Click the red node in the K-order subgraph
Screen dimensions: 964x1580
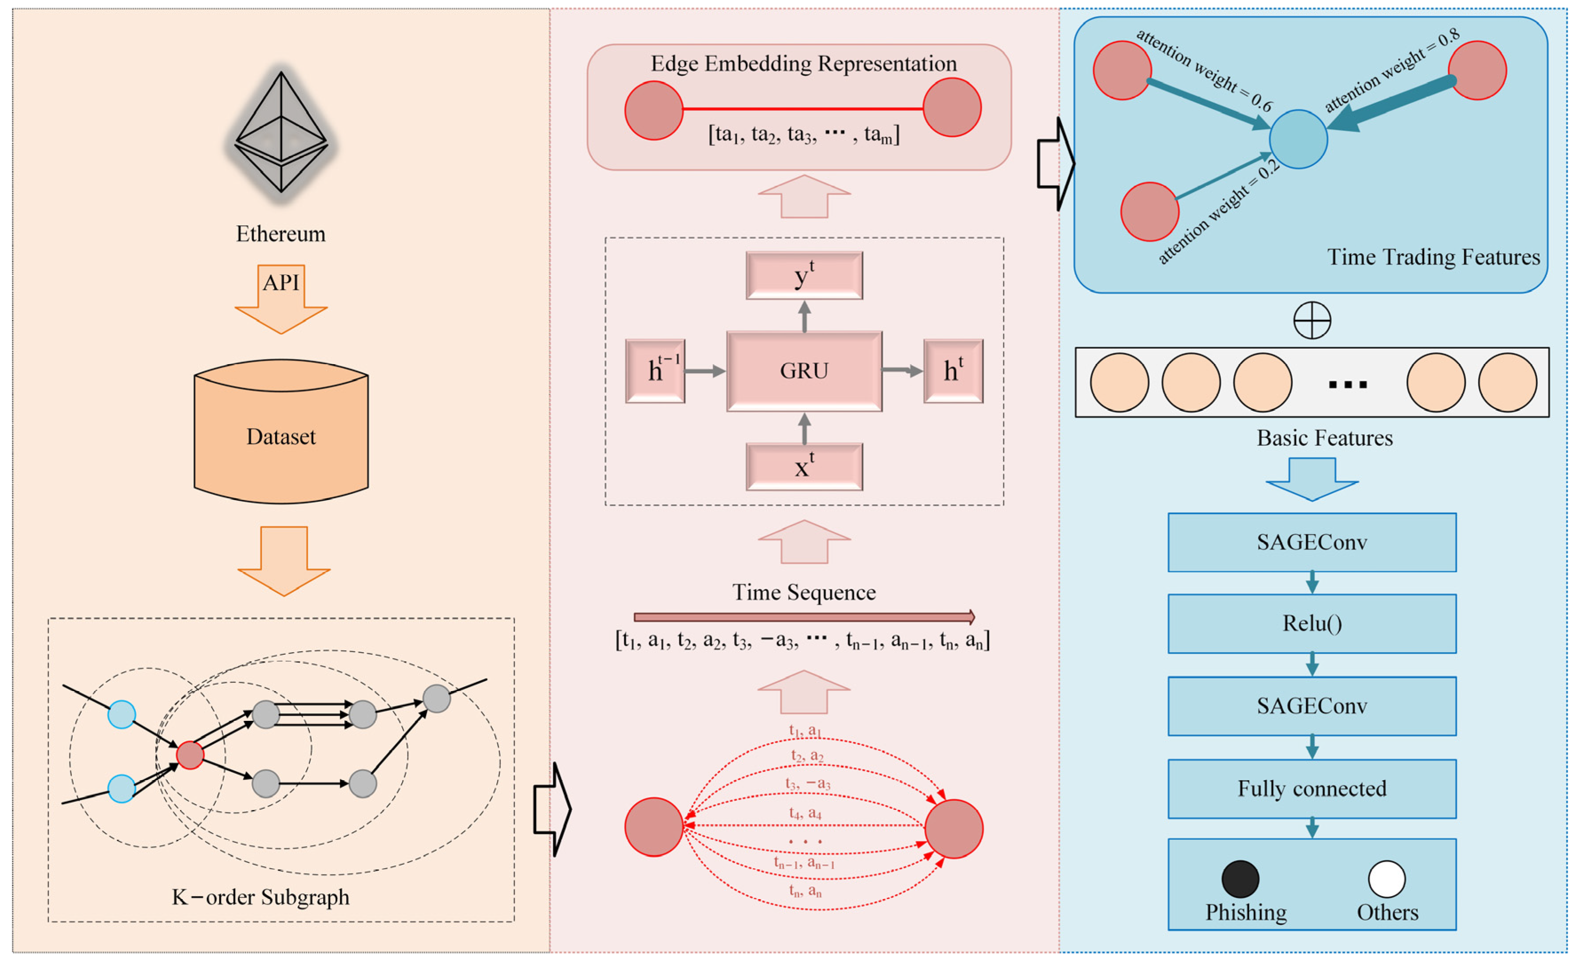click(190, 755)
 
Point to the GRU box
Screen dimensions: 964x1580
click(804, 370)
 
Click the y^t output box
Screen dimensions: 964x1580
click(804, 275)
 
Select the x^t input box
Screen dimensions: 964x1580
click(804, 467)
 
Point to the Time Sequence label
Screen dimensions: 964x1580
click(804, 592)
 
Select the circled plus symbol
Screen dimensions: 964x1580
click(1312, 320)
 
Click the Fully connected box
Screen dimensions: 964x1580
click(1312, 788)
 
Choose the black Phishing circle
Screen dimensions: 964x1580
click(1240, 879)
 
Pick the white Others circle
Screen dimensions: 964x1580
click(1386, 879)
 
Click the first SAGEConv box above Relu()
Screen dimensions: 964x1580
click(1312, 542)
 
